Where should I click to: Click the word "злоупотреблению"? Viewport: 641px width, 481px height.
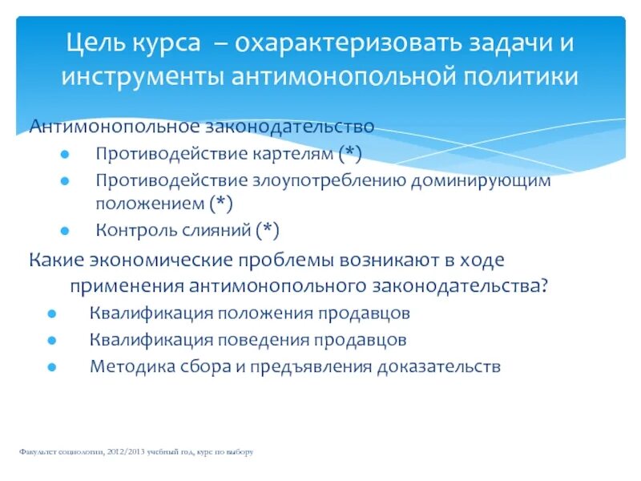329,180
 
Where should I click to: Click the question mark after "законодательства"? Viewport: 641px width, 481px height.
545,285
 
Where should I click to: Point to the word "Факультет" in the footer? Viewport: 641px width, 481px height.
38,452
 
